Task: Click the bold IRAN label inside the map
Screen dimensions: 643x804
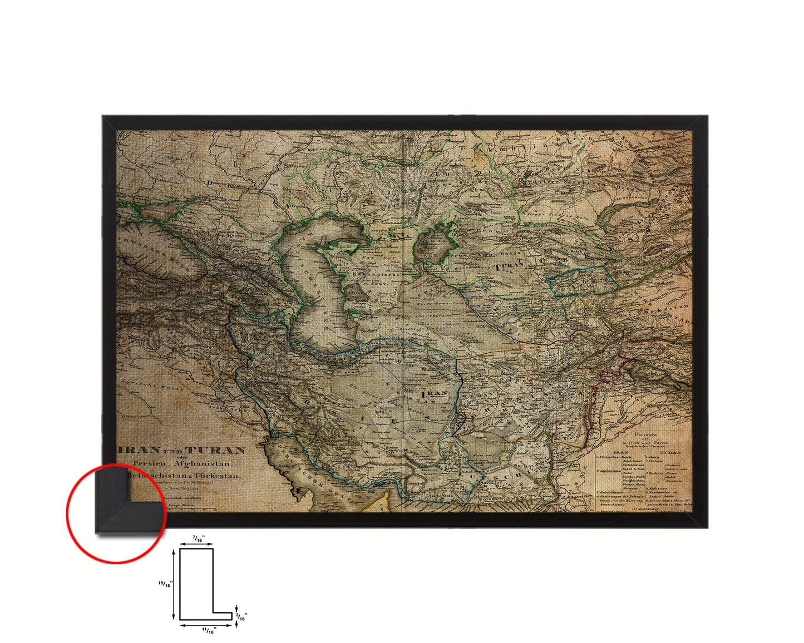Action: click(435, 393)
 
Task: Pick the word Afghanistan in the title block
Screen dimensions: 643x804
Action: click(203, 463)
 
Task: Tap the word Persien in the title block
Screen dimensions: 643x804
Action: click(150, 463)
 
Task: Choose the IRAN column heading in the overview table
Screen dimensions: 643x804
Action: click(620, 452)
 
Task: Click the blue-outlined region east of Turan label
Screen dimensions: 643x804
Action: click(584, 280)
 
